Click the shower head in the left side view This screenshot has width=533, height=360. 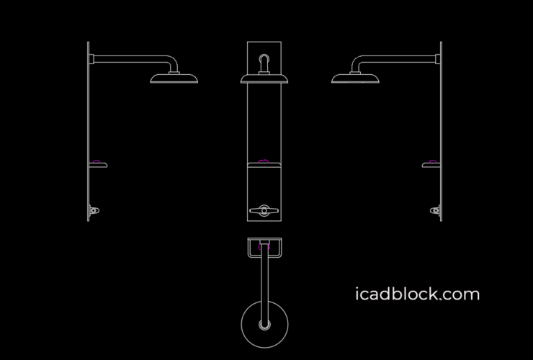coord(174,78)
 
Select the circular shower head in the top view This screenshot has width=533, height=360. coord(265,324)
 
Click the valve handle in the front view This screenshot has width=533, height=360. coord(264,210)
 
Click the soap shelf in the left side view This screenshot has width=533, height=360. coord(99,165)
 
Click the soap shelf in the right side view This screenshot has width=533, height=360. coord(431,165)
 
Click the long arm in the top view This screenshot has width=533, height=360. coord(265,284)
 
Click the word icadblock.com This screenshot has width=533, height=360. coord(417,294)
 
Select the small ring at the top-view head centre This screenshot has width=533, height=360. coord(265,325)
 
